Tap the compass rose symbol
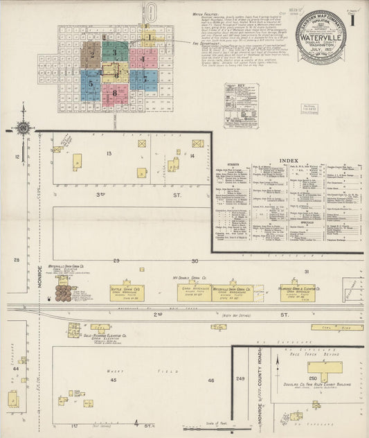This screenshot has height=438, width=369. coord(24,128)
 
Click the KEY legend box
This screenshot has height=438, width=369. coord(241,104)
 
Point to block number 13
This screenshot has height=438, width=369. coord(109,152)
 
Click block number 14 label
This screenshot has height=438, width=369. coord(192,156)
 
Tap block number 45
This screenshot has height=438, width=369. coord(114,380)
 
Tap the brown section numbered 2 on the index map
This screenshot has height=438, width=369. coord(91,53)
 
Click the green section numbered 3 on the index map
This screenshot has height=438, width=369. coord(115,52)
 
